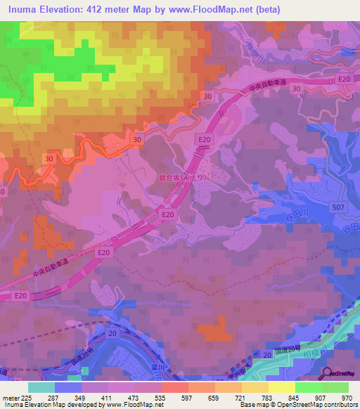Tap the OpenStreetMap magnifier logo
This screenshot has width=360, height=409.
328,374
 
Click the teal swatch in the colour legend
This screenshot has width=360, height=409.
41,387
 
